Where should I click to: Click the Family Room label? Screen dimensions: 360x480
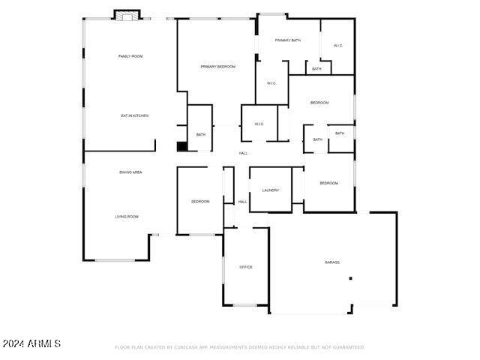[130, 56]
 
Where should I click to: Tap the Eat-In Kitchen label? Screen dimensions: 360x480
[135, 115]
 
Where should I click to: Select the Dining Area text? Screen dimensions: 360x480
[131, 172]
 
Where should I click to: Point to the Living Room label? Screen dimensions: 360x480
[127, 217]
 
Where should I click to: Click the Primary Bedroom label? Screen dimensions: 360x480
[217, 67]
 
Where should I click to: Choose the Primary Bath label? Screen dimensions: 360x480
[287, 40]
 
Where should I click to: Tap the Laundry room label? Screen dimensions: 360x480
[271, 190]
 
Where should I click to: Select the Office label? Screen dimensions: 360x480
[246, 267]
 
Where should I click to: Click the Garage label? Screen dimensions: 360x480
[332, 262]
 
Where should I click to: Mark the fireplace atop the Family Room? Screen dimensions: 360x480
[127, 15]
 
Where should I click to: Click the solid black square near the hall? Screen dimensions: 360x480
[181, 146]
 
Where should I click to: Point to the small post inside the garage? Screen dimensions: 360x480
[349, 278]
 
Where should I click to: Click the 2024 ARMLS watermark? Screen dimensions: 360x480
[31, 343]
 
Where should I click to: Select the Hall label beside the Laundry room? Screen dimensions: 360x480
[242, 202]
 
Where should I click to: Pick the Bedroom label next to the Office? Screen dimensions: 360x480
[200, 202]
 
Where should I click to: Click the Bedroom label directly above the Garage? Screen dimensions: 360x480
[329, 183]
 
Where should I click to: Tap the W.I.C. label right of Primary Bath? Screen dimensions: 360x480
[337, 46]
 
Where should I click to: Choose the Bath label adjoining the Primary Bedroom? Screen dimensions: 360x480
[201, 135]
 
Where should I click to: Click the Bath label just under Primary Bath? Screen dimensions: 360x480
[316, 69]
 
